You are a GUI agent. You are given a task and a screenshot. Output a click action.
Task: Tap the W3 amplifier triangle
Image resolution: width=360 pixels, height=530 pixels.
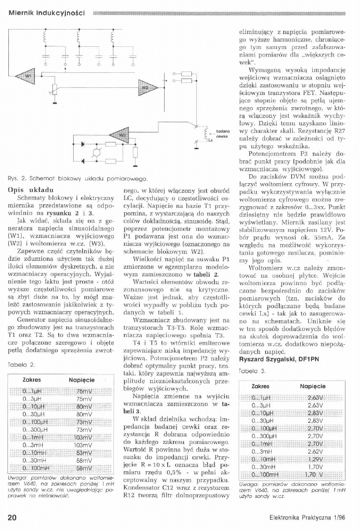[121, 134]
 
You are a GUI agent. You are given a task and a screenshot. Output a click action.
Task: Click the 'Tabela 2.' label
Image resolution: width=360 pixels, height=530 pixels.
[20, 364]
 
